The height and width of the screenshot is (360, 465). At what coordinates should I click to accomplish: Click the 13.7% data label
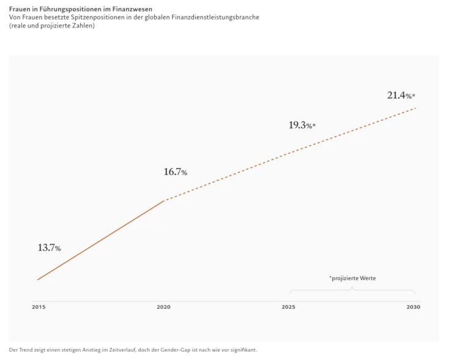pyautogui.click(x=49, y=248)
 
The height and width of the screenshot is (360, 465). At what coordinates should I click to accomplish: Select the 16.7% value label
pyautogui.click(x=175, y=172)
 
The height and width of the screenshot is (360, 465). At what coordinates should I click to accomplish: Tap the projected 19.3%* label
pyautogui.click(x=302, y=125)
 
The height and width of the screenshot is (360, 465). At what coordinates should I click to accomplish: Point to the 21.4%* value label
pyautogui.click(x=401, y=95)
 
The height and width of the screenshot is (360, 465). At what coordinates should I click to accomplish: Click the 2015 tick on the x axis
pyautogui.click(x=38, y=307)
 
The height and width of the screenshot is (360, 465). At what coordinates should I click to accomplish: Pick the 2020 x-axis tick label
pyautogui.click(x=163, y=307)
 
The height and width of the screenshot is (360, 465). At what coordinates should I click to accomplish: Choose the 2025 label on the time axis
pyautogui.click(x=288, y=307)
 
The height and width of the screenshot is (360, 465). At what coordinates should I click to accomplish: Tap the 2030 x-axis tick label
pyautogui.click(x=413, y=307)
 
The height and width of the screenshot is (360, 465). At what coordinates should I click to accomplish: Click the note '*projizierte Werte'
pyautogui.click(x=352, y=279)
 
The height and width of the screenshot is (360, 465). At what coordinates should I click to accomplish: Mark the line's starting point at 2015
pyautogui.click(x=38, y=280)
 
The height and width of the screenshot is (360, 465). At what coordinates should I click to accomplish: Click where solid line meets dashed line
pyautogui.click(x=163, y=200)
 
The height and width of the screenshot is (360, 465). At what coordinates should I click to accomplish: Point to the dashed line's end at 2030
pyautogui.click(x=415, y=108)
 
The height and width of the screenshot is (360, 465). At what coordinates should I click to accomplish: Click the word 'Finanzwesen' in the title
pyautogui.click(x=132, y=9)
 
